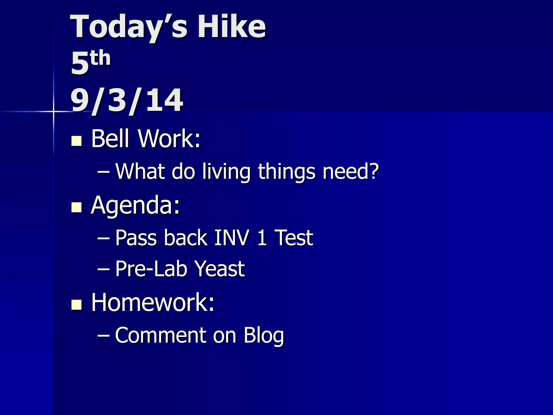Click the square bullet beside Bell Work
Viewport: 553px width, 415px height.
point(76,141)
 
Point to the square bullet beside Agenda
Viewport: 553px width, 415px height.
point(76,207)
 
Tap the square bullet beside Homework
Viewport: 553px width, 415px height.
point(76,304)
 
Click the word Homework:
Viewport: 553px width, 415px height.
point(153,302)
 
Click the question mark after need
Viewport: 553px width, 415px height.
point(374,171)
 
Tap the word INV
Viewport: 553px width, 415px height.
point(231,238)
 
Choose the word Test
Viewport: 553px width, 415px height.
point(294,238)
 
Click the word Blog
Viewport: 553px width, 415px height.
point(264,336)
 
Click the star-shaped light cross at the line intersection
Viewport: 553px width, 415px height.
point(53,111)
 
